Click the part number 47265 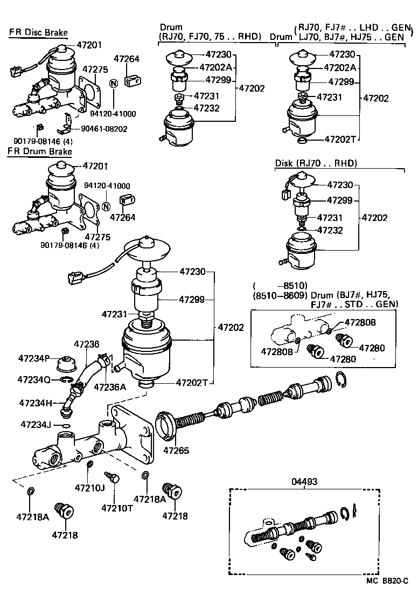tap(177, 450)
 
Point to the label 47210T tap(115, 507)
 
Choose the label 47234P tap(34, 358)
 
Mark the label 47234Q tap(34, 379)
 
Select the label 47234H tap(36, 403)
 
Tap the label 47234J tap(36, 425)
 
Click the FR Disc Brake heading tap(38, 33)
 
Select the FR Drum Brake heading tap(39, 152)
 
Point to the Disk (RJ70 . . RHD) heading tap(316, 163)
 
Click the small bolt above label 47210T tap(114, 477)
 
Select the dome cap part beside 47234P tap(68, 362)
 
